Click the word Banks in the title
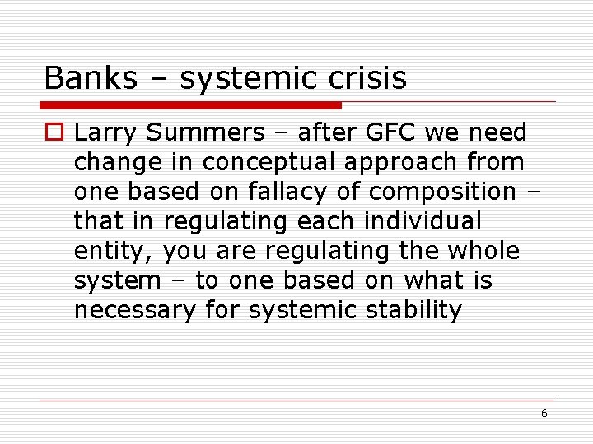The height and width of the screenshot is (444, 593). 80,79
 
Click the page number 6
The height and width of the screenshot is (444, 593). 544,414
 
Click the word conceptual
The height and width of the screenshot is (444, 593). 268,162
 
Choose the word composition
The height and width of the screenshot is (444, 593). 442,192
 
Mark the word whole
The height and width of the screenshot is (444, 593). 485,251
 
